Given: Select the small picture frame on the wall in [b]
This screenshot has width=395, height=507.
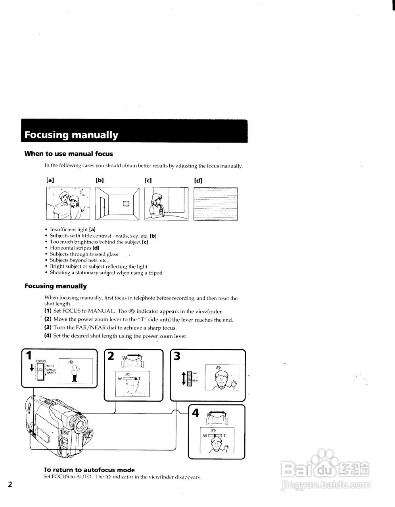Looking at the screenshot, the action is point(126,204).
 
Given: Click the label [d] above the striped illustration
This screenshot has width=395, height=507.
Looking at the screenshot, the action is point(198,180).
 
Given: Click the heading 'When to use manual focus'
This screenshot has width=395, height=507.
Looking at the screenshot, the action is point(69,154).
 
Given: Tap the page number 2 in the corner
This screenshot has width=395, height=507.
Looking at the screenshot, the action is point(10,485).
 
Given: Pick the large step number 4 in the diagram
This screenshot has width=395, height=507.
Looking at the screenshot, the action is point(195,413).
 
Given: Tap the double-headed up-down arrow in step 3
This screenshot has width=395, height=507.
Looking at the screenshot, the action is point(183,377).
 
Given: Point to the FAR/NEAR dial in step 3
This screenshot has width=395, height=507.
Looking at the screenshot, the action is point(189,378).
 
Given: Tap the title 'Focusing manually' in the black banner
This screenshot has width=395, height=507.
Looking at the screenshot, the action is point(71,135).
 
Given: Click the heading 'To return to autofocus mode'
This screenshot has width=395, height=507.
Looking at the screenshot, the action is point(89,470).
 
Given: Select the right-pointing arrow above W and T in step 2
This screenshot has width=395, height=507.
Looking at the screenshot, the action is point(134,356).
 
